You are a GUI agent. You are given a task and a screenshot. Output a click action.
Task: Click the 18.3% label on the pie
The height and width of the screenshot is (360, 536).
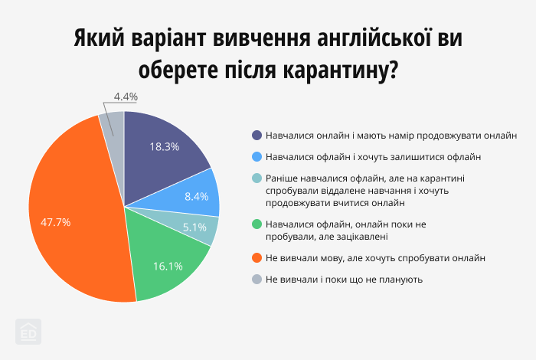(165, 146)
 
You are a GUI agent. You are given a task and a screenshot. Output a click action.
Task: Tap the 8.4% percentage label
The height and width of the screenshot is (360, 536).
(197, 196)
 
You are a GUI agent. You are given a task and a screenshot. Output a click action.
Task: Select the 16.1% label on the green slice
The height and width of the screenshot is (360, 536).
(168, 267)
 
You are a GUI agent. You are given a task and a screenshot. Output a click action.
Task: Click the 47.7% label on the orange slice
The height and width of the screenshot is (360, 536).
(56, 222)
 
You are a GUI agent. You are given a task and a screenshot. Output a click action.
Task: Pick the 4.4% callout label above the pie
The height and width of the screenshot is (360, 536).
(125, 97)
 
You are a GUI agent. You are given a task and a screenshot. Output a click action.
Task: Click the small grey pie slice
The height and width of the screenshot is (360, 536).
(114, 123)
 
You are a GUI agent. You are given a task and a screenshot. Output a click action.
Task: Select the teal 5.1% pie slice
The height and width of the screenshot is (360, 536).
(205, 227)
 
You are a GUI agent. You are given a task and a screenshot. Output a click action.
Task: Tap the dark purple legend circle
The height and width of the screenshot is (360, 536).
(257, 135)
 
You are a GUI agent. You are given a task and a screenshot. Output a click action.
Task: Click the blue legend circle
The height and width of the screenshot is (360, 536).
(257, 157)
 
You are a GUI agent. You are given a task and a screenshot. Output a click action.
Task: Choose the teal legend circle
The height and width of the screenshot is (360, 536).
(257, 178)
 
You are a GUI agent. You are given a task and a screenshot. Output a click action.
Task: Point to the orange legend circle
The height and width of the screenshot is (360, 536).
(257, 258)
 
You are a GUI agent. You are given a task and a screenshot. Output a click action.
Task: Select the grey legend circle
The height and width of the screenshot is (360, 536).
(257, 280)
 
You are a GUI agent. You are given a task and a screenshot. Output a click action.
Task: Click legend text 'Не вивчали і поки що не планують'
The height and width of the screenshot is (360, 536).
(345, 280)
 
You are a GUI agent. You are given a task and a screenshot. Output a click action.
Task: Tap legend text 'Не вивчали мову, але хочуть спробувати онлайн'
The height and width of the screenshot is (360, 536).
(376, 258)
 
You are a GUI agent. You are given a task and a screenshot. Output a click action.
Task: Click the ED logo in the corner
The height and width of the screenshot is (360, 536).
(28, 332)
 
